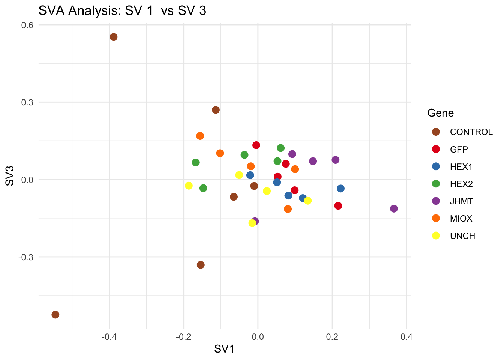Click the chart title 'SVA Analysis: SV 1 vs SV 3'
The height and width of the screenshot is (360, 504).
[122, 11]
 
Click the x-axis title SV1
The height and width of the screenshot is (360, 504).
[224, 349]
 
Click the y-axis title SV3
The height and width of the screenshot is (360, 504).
[10, 175]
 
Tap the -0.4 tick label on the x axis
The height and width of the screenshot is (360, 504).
[109, 337]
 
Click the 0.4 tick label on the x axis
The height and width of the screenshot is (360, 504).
[406, 337]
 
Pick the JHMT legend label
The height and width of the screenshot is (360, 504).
[461, 201]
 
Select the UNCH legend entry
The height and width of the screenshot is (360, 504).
[462, 236]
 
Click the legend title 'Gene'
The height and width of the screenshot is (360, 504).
[440, 113]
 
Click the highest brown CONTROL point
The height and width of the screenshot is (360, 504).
[114, 37]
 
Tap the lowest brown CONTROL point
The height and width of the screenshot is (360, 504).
[55, 315]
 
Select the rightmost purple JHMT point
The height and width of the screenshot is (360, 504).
[394, 209]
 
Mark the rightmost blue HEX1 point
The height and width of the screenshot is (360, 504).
[340, 189]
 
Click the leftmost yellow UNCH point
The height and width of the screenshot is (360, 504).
[189, 186]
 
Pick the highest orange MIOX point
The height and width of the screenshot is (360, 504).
[200, 136]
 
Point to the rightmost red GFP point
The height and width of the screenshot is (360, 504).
[338, 206]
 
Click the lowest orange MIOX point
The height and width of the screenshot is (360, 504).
[288, 209]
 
